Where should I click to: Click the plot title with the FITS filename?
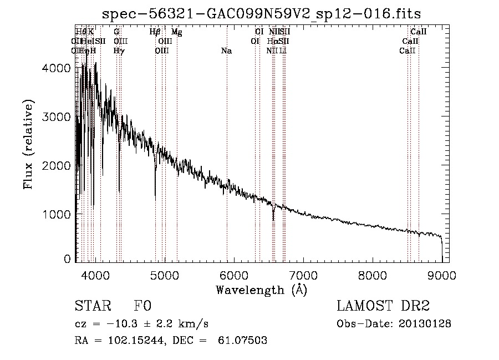pyautogui.click(x=262, y=14)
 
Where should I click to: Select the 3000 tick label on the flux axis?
pyautogui.click(x=56, y=116)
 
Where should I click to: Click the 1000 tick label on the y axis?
pyautogui.click(x=56, y=214)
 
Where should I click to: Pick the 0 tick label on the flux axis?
pyautogui.click(x=67, y=258)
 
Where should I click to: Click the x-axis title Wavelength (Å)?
pyautogui.click(x=262, y=289)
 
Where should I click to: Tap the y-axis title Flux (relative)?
pyautogui.click(x=28, y=144)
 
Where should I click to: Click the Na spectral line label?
pyautogui.click(x=226, y=51)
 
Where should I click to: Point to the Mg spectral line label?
pyautogui.click(x=177, y=32)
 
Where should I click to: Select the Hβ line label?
pyautogui.click(x=155, y=32)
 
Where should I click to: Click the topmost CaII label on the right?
pyautogui.click(x=418, y=32)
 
